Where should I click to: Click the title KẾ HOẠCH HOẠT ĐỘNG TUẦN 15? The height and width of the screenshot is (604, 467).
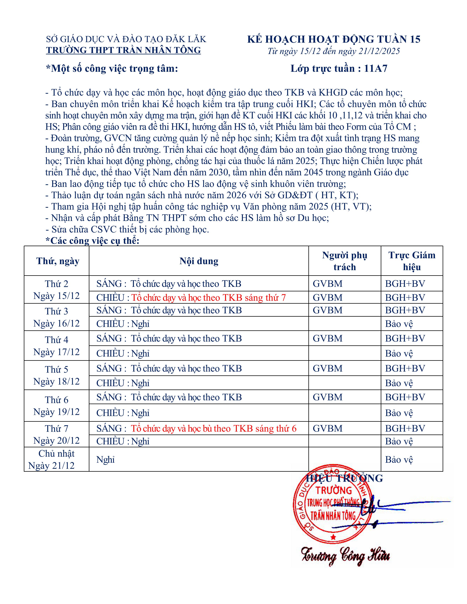334,39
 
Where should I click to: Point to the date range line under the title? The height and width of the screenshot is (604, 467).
334,51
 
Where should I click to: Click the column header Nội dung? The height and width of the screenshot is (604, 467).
199,261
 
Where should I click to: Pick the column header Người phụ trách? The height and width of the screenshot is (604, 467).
344,261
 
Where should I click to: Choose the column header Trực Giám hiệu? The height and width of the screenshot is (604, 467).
412,261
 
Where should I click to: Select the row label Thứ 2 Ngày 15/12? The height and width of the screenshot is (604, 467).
56,290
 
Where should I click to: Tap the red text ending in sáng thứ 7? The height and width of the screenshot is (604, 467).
208,298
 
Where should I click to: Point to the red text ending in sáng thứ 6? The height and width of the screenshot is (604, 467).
214,428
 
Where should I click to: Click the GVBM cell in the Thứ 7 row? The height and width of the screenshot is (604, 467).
328,428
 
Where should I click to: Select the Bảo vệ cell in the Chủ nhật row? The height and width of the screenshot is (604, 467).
399,460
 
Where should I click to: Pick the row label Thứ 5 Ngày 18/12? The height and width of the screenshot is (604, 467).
56,375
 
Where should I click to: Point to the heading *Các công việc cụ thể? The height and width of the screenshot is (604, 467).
92,241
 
